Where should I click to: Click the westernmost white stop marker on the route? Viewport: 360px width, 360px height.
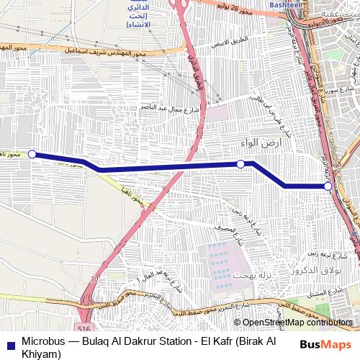tap(32, 153)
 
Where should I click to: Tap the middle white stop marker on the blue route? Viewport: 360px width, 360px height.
tap(241, 164)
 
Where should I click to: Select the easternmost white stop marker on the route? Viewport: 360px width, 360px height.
tap(328, 186)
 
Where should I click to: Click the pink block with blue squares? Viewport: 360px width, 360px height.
tap(220, 263)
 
